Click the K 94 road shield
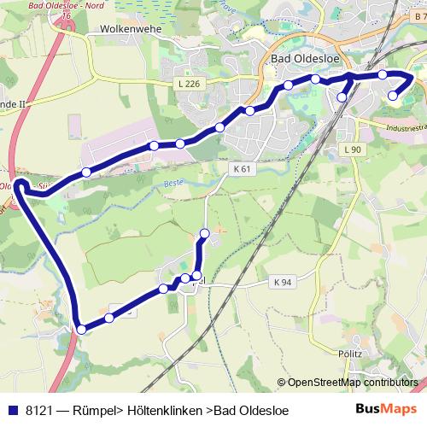[283, 282]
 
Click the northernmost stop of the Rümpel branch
[204, 233]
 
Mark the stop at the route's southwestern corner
[81, 329]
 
